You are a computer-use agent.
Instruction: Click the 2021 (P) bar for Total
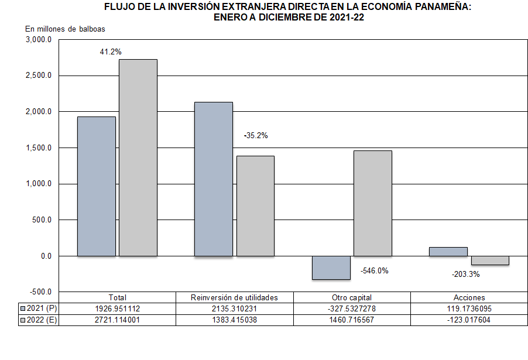pyautogui.click(x=97, y=186)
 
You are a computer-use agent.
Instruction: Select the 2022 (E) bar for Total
pyautogui.click(x=138, y=157)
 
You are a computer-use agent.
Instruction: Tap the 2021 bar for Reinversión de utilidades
pyautogui.click(x=214, y=179)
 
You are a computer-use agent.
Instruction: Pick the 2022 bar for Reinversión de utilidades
pyautogui.click(x=255, y=206)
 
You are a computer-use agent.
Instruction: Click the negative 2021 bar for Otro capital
pyautogui.click(x=331, y=268)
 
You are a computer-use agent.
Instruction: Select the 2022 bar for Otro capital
pyautogui.click(x=373, y=203)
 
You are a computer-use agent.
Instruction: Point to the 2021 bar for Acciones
pyautogui.click(x=448, y=252)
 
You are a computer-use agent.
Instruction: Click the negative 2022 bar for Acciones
pyautogui.click(x=490, y=260)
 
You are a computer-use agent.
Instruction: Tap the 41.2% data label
pyautogui.click(x=111, y=52)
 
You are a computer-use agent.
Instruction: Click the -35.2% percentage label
pyautogui.click(x=255, y=135)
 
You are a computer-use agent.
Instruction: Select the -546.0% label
pyautogui.click(x=374, y=271)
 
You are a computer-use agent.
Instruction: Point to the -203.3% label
pyautogui.click(x=466, y=274)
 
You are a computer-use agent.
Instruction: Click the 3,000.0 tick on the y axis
pyautogui.click(x=39, y=40)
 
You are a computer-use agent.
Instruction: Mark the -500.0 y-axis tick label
pyautogui.click(x=40, y=292)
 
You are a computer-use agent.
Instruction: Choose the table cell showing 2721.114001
pyautogui.click(x=118, y=320)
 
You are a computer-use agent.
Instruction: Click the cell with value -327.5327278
pyautogui.click(x=352, y=308)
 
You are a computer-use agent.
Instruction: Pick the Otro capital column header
pyautogui.click(x=352, y=297)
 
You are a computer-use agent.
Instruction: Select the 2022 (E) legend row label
pyautogui.click(x=39, y=320)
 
